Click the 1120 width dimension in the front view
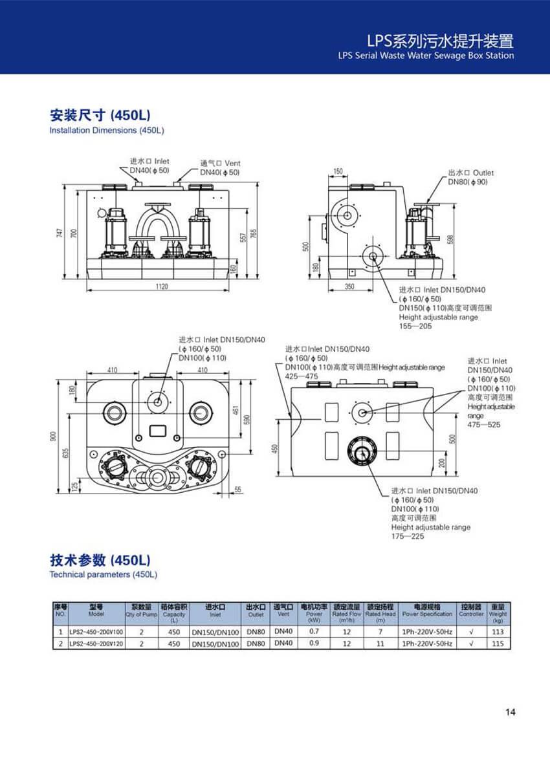point(162,286)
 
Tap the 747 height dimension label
point(59,232)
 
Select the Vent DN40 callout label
point(219,168)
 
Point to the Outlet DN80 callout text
point(470,177)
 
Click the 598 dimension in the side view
point(450,239)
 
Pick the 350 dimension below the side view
point(350,286)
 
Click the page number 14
point(510,712)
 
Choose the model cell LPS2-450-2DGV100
point(96,631)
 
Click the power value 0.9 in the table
point(314,643)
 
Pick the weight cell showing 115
point(498,643)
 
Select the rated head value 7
point(380,631)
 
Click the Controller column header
point(471,611)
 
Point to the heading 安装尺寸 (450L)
point(100,115)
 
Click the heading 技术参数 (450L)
point(100,559)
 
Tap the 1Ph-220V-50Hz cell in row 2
point(427,643)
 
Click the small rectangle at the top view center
point(158,431)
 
